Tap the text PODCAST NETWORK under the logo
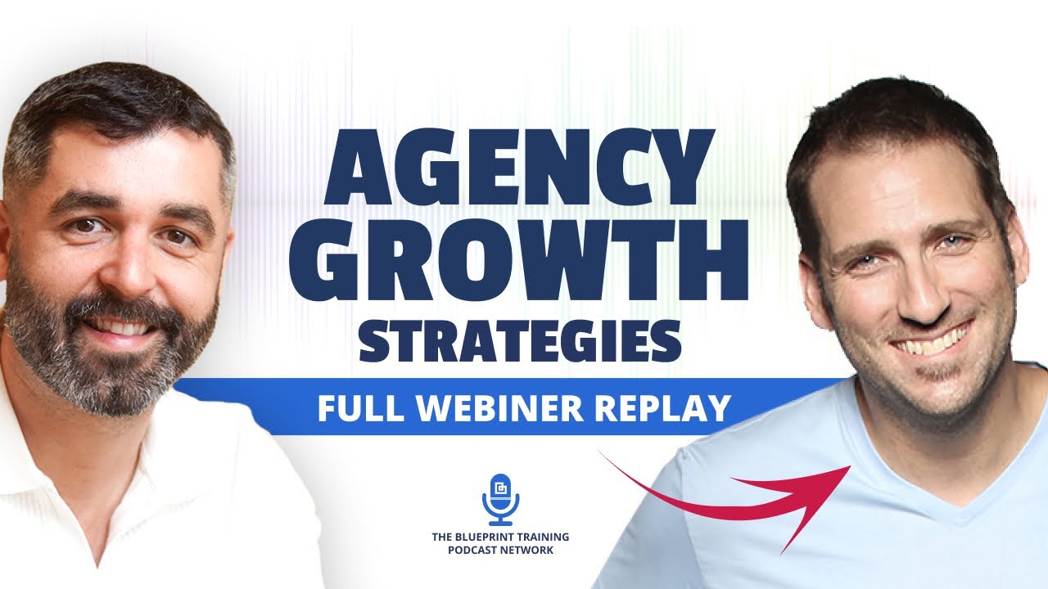(500, 550)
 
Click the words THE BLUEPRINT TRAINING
(500, 537)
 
